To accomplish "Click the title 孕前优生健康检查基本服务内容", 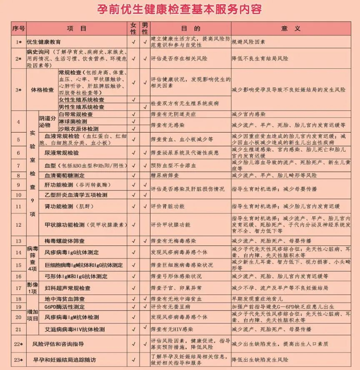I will (x=180, y=9).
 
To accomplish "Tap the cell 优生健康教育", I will (x=44, y=42).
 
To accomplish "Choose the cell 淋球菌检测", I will (x=73, y=122).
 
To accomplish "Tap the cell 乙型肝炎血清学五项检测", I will (x=76, y=195).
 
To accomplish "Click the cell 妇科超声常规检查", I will (x=67, y=288).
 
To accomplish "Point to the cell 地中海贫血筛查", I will (x=65, y=299).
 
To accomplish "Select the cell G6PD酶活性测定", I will (x=65, y=307).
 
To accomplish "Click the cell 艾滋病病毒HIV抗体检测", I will (x=75, y=329).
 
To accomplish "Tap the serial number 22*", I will (x=18, y=344).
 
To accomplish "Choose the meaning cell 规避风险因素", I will (x=249, y=42).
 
